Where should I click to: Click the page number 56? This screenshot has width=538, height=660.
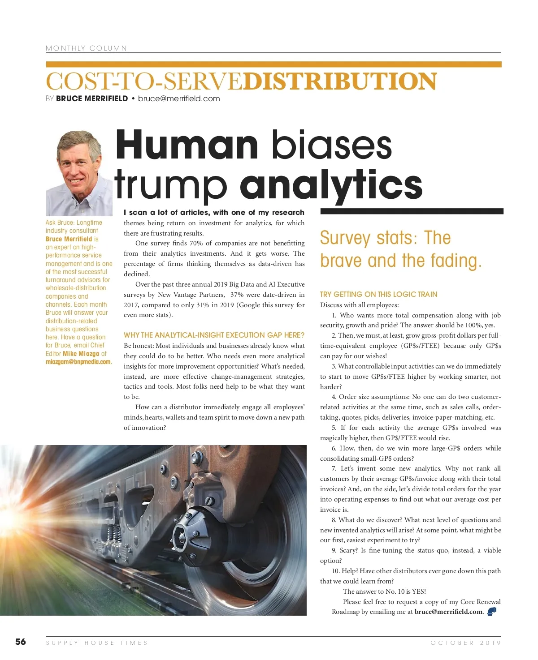(21, 642)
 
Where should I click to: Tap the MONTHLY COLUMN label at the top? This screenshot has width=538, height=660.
(86, 48)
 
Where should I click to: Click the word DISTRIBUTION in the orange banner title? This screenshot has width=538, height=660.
(339, 81)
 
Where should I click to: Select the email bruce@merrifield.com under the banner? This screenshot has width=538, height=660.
(179, 99)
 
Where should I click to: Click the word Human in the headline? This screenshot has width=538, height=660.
(187, 145)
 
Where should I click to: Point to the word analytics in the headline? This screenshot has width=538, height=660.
(331, 184)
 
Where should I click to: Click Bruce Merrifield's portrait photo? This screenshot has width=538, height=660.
(79, 173)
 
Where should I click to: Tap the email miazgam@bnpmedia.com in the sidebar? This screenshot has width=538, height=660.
(78, 362)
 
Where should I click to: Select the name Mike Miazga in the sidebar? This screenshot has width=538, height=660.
(81, 354)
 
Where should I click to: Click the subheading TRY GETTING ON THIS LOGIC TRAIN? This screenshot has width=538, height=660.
(378, 294)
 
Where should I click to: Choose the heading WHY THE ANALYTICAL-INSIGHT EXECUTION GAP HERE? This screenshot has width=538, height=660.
(214, 335)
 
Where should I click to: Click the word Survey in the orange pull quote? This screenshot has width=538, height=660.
(345, 238)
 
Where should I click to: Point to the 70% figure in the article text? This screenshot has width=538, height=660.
(196, 243)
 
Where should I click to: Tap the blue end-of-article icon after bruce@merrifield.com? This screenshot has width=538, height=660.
(492, 611)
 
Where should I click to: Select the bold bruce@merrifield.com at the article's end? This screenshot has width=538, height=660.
(448, 612)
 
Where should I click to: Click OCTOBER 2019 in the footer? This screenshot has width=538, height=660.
(465, 643)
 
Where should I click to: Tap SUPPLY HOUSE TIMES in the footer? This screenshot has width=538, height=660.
(96, 643)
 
